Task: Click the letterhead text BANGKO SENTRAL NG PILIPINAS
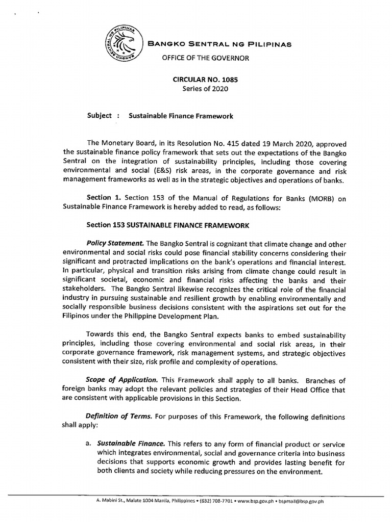219,44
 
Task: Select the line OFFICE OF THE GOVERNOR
205,58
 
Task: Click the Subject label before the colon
99,116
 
